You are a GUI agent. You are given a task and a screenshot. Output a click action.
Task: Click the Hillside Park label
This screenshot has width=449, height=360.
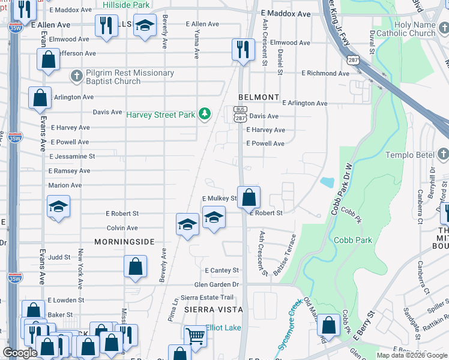126,5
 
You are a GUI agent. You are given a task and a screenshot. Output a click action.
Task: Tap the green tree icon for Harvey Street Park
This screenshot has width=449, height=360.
205,113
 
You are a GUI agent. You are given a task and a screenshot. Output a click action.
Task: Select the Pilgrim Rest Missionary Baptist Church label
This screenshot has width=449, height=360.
129,77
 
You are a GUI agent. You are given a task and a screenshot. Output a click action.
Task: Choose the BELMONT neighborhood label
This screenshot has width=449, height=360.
259,97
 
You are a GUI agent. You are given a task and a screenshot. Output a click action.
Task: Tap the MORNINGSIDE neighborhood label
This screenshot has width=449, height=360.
124,242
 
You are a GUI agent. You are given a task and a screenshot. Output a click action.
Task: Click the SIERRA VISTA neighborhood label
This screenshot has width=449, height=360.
213,310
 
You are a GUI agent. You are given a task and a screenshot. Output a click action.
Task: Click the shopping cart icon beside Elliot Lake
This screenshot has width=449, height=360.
195,335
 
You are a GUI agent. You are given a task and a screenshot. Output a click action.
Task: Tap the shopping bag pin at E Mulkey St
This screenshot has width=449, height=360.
249,196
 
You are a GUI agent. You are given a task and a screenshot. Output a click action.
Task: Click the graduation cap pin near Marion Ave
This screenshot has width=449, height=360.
59,206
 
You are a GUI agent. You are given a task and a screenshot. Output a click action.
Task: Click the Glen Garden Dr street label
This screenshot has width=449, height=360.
216,284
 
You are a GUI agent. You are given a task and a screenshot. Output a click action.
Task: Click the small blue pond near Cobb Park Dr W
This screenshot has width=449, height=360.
327,182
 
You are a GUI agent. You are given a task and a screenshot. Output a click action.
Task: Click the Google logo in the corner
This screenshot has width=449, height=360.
20,353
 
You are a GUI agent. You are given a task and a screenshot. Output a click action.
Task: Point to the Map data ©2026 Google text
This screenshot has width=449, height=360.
411,355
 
